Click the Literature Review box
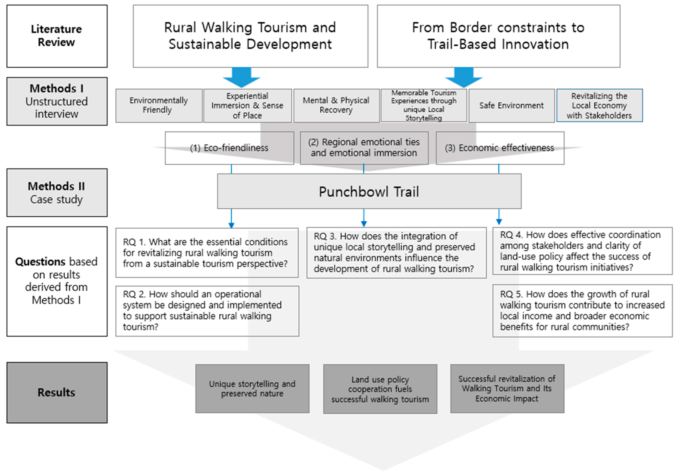tap(57, 36)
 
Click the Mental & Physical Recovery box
tap(336, 105)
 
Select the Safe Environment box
tap(511, 105)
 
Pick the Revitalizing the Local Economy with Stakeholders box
tap(600, 105)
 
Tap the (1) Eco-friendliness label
tap(229, 148)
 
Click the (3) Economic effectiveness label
tap(500, 148)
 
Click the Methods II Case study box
tap(57, 193)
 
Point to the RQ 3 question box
tap(396, 253)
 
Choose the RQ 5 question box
tap(582, 311)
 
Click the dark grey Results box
tap(57, 393)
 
